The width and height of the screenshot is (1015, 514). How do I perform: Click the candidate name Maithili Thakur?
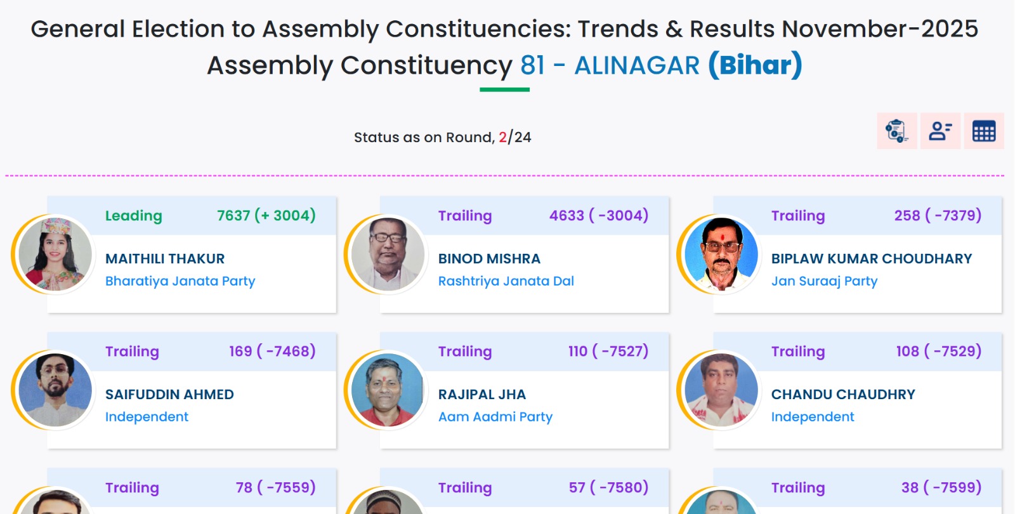click(x=165, y=258)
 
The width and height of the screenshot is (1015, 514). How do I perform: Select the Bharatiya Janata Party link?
click(x=180, y=281)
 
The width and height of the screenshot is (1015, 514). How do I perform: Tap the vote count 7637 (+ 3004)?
click(x=266, y=215)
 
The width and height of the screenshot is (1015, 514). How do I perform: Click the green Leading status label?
click(x=134, y=216)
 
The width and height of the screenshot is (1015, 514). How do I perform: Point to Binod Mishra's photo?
click(x=388, y=254)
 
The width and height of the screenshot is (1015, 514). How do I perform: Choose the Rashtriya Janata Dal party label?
click(x=506, y=281)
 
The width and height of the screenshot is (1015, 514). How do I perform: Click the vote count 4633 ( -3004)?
click(x=599, y=215)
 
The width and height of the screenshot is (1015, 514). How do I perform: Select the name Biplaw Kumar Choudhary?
click(x=872, y=258)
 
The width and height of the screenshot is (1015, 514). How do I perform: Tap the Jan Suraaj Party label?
click(x=825, y=281)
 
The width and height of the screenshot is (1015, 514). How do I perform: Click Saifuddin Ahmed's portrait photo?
click(x=55, y=390)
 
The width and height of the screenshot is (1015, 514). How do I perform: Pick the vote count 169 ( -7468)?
click(x=272, y=352)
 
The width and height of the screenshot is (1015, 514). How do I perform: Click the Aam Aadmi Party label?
click(x=495, y=416)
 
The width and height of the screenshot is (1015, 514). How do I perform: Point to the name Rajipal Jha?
click(x=482, y=394)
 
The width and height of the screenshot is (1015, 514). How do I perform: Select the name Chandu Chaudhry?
click(x=843, y=394)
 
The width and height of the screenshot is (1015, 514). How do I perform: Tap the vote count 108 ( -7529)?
click(x=939, y=352)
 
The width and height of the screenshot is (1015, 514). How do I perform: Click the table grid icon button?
click(x=984, y=131)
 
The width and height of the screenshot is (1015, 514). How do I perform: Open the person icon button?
click(x=940, y=131)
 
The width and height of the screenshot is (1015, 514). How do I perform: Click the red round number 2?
click(x=502, y=137)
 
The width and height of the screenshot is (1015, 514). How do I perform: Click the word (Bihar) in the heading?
click(x=756, y=65)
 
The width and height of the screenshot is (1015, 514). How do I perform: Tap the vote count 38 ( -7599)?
click(x=941, y=487)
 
